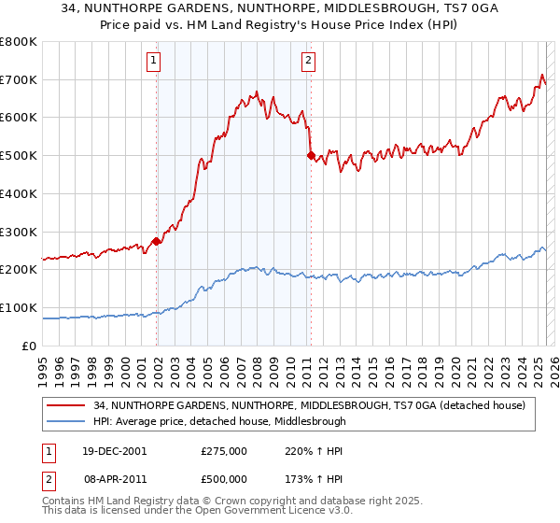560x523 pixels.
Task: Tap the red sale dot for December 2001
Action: [x=157, y=241]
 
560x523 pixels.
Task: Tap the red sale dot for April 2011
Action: [x=311, y=156]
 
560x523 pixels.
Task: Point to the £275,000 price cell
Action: [x=224, y=450]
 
